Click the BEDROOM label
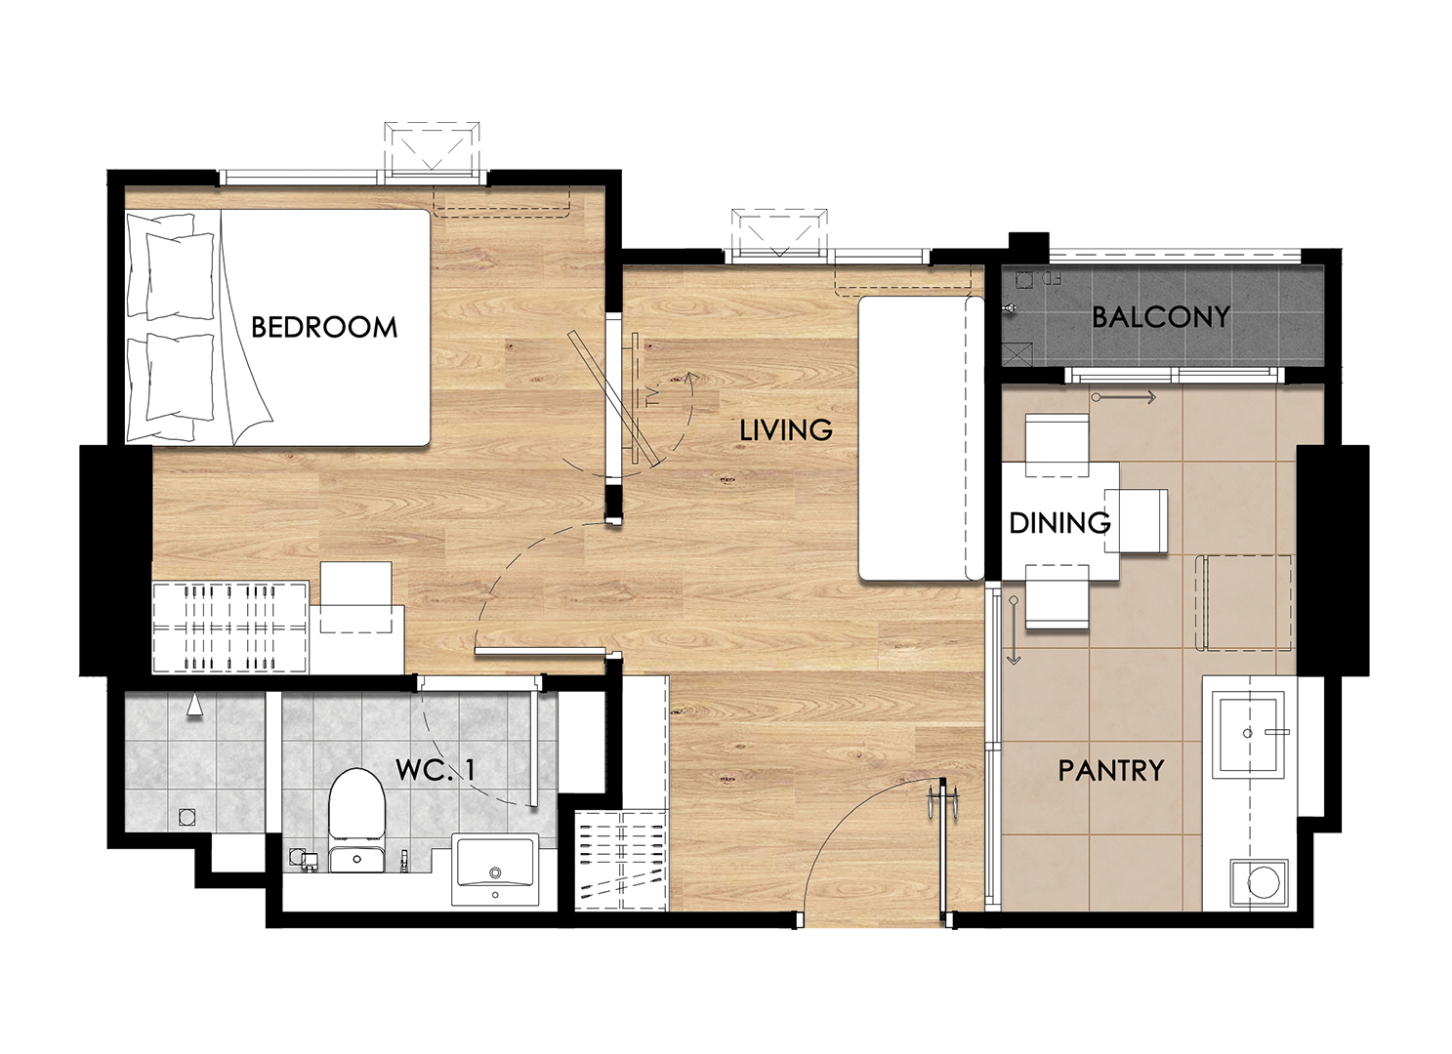click(x=324, y=327)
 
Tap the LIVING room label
click(x=786, y=430)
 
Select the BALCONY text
click(x=1161, y=317)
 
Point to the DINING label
click(x=1059, y=523)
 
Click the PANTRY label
click(x=1111, y=771)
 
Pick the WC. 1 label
click(x=435, y=770)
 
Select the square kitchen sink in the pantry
click(x=1248, y=734)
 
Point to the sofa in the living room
click(x=921, y=438)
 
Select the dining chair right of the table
click(x=1136, y=521)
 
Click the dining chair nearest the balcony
click(x=1057, y=445)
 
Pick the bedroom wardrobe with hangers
click(x=230, y=628)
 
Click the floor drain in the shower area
click(x=187, y=817)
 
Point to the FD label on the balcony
click(x=1052, y=279)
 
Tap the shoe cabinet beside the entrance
click(x=621, y=860)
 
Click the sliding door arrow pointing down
click(x=1014, y=630)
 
